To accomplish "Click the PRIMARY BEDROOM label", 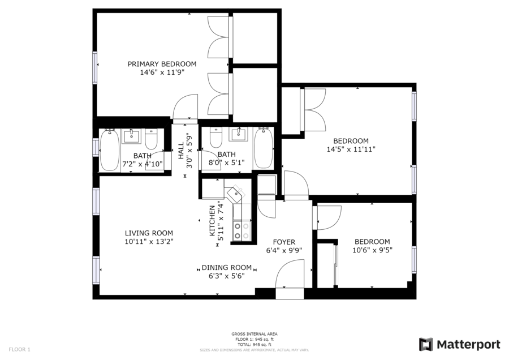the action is pyautogui.click(x=162, y=64).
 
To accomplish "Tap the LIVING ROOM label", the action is pyautogui.click(x=149, y=233).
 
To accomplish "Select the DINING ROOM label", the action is pyautogui.click(x=227, y=267).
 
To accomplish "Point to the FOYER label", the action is pyautogui.click(x=284, y=242).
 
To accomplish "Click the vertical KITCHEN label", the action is pyautogui.click(x=212, y=221).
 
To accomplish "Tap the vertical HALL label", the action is pyautogui.click(x=181, y=151).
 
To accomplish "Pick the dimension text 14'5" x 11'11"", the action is pyautogui.click(x=351, y=149).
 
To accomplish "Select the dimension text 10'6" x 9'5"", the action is pyautogui.click(x=372, y=250).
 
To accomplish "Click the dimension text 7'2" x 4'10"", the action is pyautogui.click(x=142, y=164).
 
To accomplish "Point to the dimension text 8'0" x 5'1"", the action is pyautogui.click(x=227, y=162).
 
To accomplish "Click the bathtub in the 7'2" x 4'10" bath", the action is pyautogui.click(x=110, y=149).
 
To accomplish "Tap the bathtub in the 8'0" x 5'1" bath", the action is pyautogui.click(x=263, y=148).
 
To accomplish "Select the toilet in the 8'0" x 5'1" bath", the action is pyautogui.click(x=216, y=137).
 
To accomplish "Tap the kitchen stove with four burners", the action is pyautogui.click(x=242, y=231).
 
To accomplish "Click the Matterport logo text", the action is pyautogui.click(x=468, y=344).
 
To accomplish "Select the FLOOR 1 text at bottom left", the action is pyautogui.click(x=19, y=350).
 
